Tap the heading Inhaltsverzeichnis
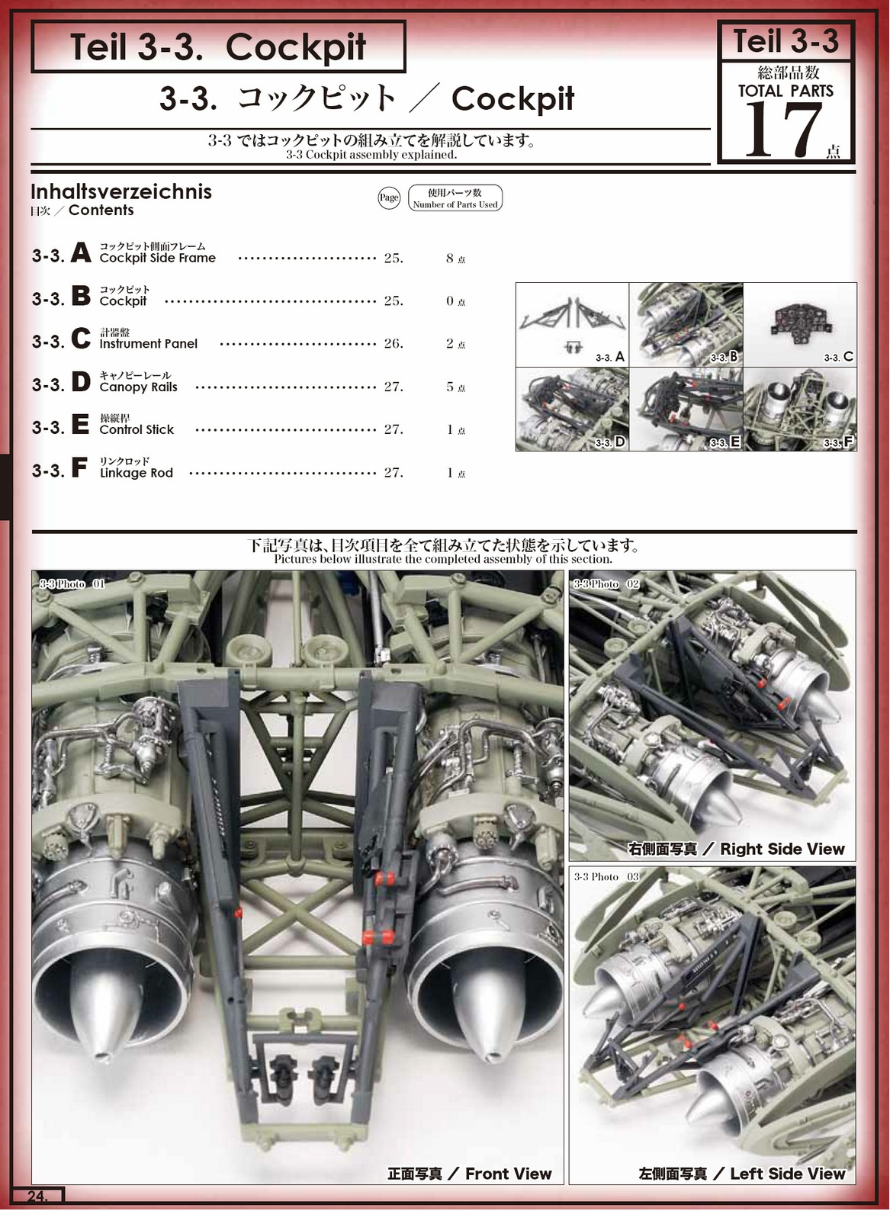pos(121,191)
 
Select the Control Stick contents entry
pos(137,429)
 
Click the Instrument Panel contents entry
pos(148,343)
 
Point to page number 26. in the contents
pos(394,343)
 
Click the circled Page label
pos(389,198)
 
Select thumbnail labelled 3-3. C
pos(800,325)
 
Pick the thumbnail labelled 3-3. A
pos(572,325)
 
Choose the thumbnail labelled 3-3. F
pos(800,410)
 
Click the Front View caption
pos(469,1174)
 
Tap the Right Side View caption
pos(736,849)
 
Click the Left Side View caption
pos(741,1174)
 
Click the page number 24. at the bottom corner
pos(37,1196)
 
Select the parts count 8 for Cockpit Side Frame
pos(450,259)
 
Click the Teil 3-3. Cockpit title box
pos(218,47)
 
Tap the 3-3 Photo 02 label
pos(606,583)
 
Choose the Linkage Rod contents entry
pos(136,472)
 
